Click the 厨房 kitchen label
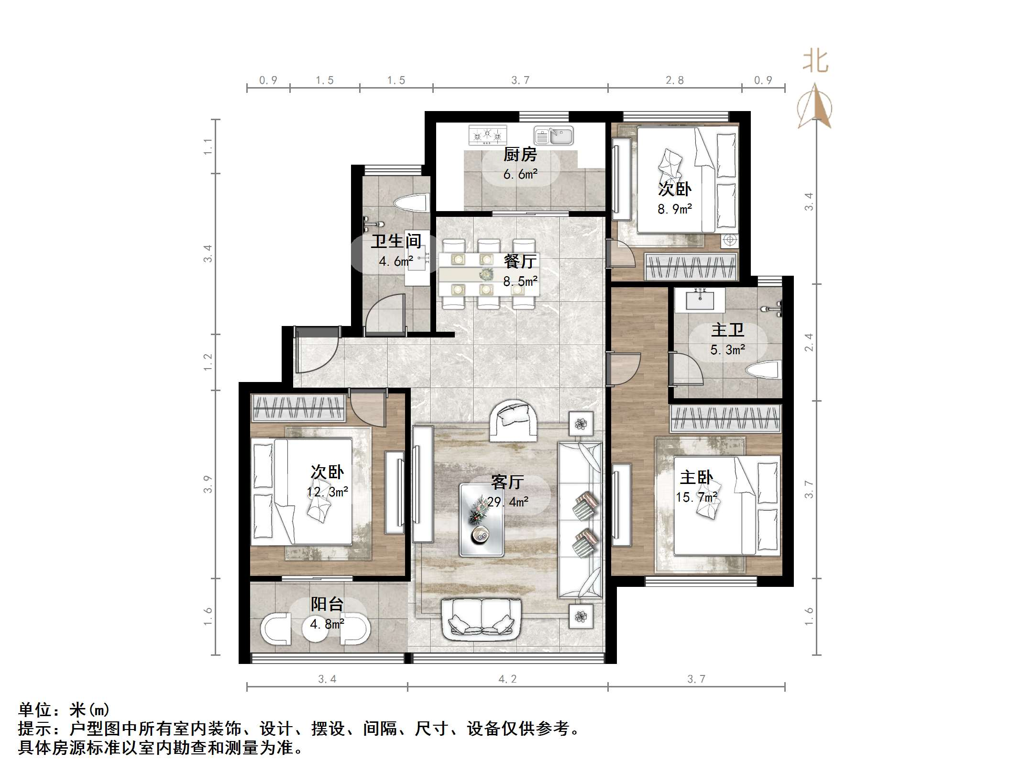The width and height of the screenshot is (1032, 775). [x=520, y=155]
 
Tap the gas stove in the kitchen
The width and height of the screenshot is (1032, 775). [x=487, y=135]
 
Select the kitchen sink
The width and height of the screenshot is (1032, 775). [x=554, y=135]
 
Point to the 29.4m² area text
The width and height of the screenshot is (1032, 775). [x=507, y=502]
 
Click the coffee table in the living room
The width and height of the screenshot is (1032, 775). [x=482, y=520]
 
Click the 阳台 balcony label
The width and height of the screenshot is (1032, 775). [x=327, y=604]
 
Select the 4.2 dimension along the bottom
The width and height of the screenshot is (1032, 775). [x=507, y=679]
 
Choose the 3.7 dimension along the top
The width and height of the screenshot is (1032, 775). [x=520, y=80]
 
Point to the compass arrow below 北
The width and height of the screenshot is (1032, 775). [x=815, y=107]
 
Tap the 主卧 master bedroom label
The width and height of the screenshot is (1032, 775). [x=696, y=477]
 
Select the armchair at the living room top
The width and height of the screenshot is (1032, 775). [x=514, y=421]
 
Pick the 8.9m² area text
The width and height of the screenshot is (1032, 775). [x=675, y=209]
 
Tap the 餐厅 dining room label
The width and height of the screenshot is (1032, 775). [x=520, y=261]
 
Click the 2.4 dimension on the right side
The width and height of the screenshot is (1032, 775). [x=808, y=342]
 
